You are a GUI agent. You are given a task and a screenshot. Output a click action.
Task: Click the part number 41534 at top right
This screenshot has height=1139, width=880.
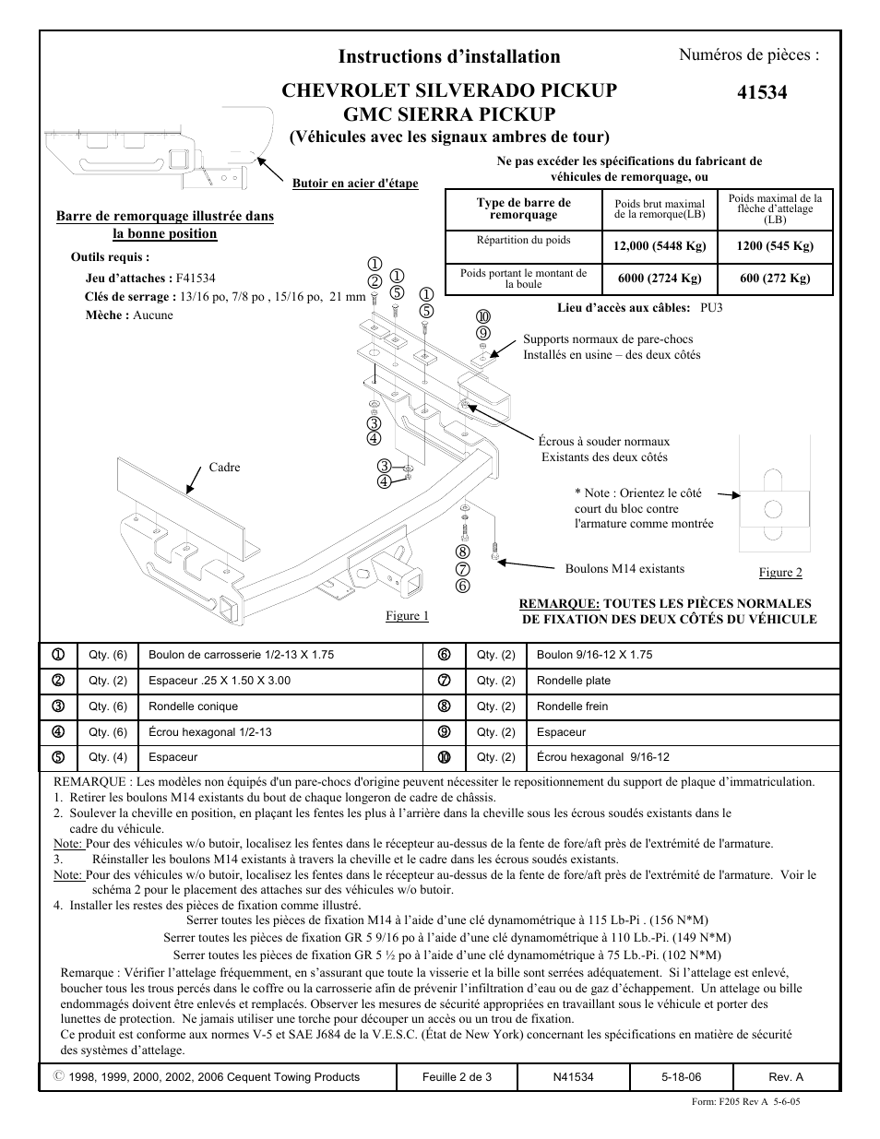[763, 92]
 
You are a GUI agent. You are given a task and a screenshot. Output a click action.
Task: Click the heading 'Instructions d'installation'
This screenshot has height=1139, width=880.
[449, 56]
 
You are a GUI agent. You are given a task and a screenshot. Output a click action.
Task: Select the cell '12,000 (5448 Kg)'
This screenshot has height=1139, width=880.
[660, 246]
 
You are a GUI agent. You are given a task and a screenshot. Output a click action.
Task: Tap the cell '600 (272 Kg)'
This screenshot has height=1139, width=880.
[775, 279]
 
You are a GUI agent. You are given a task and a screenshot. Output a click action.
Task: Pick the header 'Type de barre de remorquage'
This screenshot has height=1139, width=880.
[523, 208]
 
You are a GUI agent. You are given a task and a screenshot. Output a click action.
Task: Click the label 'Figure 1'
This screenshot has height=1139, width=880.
[407, 616]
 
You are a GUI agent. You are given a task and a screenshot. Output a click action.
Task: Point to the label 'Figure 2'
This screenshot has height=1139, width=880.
[780, 573]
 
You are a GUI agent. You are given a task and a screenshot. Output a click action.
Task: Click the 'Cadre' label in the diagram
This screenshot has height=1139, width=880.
[224, 468]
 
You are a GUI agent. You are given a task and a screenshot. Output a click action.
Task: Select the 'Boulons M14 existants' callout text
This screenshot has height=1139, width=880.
[624, 569]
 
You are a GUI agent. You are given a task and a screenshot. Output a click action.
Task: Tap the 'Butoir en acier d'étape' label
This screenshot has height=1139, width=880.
[355, 184]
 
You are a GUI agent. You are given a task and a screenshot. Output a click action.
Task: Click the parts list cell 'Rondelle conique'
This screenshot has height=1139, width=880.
[193, 706]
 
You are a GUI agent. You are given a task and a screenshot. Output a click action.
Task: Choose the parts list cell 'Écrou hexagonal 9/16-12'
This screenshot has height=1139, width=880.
[603, 757]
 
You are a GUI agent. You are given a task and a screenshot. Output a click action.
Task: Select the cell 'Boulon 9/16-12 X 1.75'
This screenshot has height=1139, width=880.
[594, 655]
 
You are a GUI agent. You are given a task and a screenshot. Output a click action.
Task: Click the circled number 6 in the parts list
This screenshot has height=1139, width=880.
[444, 655]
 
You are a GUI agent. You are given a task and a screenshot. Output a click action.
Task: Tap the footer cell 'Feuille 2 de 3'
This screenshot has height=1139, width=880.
[457, 1077]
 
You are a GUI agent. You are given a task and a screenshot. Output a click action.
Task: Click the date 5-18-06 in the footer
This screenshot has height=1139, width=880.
[681, 1077]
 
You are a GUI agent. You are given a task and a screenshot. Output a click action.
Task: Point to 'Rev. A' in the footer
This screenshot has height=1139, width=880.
[786, 1077]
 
